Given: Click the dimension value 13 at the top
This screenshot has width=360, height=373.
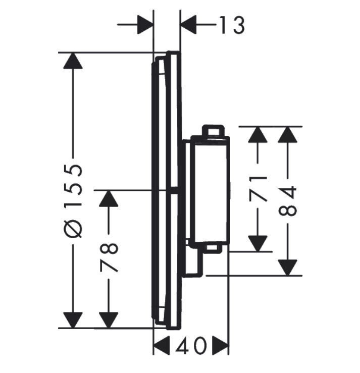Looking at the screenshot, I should pos(232,25).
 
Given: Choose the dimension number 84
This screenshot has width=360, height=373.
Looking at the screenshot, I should pos(287,201).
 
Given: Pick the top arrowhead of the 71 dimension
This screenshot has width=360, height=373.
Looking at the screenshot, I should pos(258,134).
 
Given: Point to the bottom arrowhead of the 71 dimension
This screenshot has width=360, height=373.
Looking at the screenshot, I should pos(258,243).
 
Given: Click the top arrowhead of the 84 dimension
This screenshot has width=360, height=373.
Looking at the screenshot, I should pos(287,134).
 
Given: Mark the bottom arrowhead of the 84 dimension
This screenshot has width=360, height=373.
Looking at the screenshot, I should pos(287,267).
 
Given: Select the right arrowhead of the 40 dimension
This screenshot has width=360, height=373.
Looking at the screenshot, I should pos(221,346).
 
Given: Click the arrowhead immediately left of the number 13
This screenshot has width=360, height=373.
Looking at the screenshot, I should pos(189,25).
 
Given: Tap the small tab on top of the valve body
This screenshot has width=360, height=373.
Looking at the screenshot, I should pos(212,131).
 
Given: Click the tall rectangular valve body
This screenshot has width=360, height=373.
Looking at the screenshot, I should pos(209,189).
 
